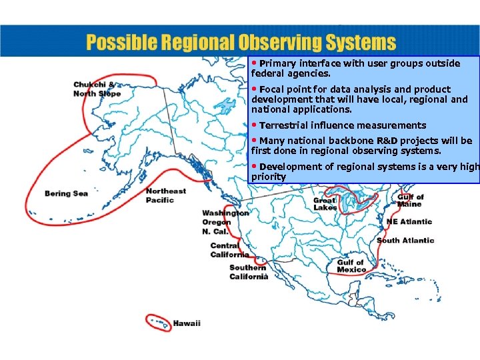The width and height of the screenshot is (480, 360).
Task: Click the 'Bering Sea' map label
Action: click(x=66, y=194)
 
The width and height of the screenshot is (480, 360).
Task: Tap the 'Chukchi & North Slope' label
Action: click(x=97, y=89)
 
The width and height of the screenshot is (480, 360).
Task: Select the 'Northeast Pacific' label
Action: click(x=166, y=195)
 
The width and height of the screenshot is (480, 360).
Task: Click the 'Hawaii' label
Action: click(x=187, y=323)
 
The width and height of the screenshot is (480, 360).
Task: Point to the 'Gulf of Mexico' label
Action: click(x=351, y=266)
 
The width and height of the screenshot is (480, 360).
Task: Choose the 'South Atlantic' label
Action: click(x=405, y=241)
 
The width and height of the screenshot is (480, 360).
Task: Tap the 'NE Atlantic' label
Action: click(x=409, y=222)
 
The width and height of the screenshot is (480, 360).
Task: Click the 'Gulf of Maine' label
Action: click(x=411, y=201)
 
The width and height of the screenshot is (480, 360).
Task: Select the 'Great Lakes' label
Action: click(x=325, y=204)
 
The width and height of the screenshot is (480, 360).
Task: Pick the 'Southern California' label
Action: click(x=249, y=272)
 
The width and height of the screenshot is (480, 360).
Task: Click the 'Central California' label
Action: click(x=229, y=250)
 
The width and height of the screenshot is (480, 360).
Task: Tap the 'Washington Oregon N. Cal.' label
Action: click(x=225, y=222)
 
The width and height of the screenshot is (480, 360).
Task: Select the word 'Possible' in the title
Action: click(x=117, y=43)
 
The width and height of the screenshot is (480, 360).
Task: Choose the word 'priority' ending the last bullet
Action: click(x=269, y=177)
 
